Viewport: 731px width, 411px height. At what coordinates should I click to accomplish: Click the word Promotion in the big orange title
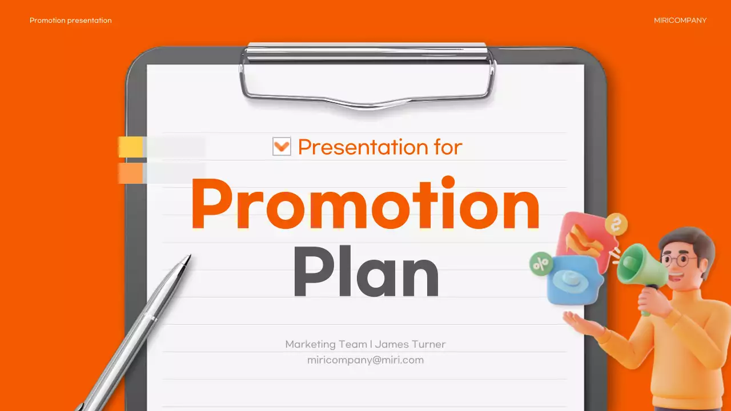coord(365,204)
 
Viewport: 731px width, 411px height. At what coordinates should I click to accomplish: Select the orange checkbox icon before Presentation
coord(282,146)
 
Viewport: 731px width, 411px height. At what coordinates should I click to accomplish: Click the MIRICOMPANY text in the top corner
coord(680,21)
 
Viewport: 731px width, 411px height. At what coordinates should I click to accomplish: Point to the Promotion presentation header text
coord(71,21)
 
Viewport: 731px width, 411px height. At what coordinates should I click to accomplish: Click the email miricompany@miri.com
coord(365,360)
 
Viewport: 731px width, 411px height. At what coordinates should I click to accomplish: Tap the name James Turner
coord(410,344)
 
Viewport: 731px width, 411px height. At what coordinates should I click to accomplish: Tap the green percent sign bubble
coord(540,263)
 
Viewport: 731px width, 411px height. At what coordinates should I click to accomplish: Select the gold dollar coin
coord(616,224)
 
